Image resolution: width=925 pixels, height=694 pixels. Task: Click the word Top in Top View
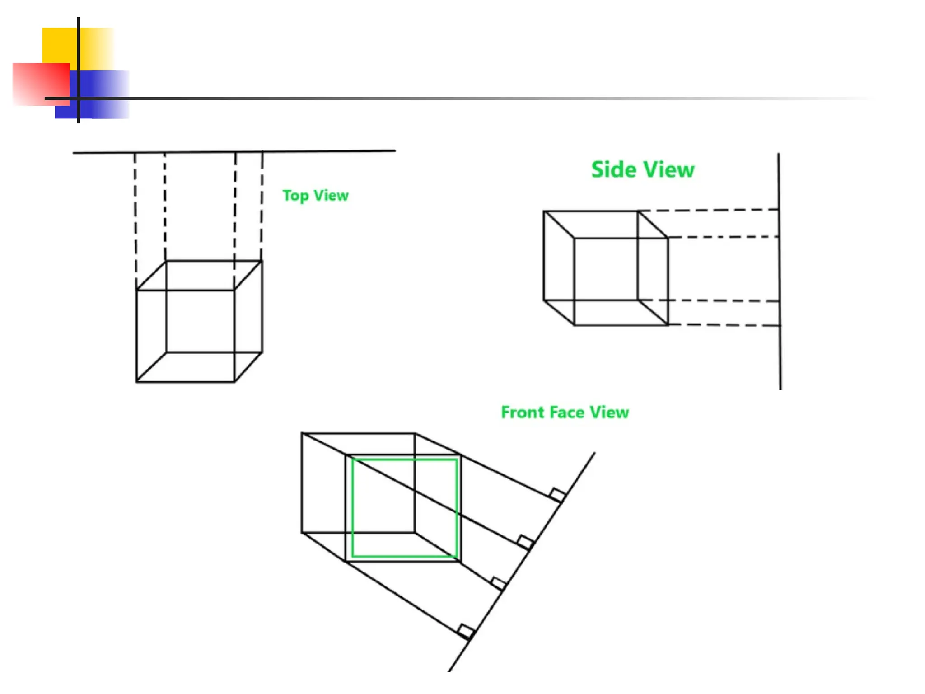[x=295, y=196]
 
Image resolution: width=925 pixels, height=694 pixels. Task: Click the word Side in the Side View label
[x=613, y=170]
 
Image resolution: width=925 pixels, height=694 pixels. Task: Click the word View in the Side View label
[x=669, y=170]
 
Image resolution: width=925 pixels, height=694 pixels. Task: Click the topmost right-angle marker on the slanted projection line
[x=557, y=494]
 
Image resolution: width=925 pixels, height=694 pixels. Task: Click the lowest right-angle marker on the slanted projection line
[x=465, y=631]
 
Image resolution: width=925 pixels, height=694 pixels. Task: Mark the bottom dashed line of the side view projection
[x=723, y=325]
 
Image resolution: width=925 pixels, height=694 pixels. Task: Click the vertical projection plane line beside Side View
[x=780, y=271]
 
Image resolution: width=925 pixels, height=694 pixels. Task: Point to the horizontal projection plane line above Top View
[x=235, y=152]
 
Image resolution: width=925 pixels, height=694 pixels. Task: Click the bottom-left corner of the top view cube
[x=137, y=382]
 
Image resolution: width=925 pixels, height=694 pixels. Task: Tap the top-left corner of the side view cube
[x=544, y=211]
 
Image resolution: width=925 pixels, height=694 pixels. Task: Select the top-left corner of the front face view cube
[x=302, y=434]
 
